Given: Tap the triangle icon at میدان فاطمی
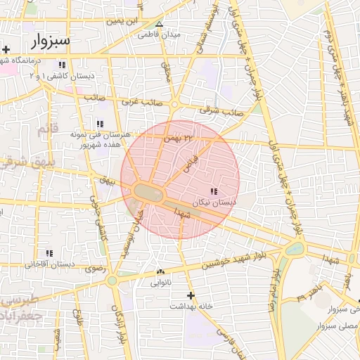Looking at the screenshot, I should click(x=160, y=23).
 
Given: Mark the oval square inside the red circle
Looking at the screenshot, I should click(x=148, y=192).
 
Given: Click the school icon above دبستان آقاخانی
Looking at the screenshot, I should click(x=49, y=253).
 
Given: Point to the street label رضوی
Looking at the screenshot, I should click(x=94, y=268).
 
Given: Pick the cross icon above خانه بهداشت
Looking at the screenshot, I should click(x=191, y=295).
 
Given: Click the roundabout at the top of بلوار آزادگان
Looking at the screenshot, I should click(x=112, y=280).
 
